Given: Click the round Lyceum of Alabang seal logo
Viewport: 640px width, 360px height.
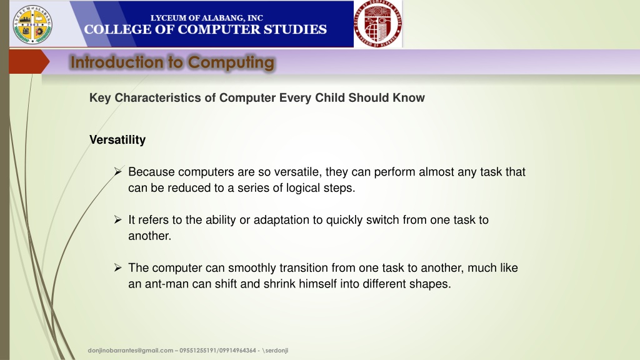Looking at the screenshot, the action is pyautogui.click(x=32, y=24).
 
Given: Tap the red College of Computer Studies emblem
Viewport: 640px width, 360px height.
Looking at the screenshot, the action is pyautogui.click(x=377, y=24).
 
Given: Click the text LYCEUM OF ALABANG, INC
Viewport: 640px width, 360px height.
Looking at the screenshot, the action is pyautogui.click(x=206, y=18).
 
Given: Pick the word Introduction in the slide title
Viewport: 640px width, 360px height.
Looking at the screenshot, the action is pyautogui.click(x=117, y=62).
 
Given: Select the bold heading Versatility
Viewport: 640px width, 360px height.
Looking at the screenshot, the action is pyautogui.click(x=117, y=139).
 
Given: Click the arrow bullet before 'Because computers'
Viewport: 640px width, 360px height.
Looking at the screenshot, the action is pyautogui.click(x=118, y=172).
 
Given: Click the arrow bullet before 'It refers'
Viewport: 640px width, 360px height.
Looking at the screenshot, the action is pyautogui.click(x=118, y=220).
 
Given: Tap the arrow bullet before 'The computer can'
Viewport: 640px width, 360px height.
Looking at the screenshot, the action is pyautogui.click(x=118, y=267).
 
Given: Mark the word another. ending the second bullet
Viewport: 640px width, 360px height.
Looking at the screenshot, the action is pyautogui.click(x=150, y=236).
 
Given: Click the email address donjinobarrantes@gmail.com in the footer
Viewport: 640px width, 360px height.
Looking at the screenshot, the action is pyautogui.click(x=131, y=350).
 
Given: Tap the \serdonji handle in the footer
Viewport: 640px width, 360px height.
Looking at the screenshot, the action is pyautogui.click(x=275, y=350).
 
